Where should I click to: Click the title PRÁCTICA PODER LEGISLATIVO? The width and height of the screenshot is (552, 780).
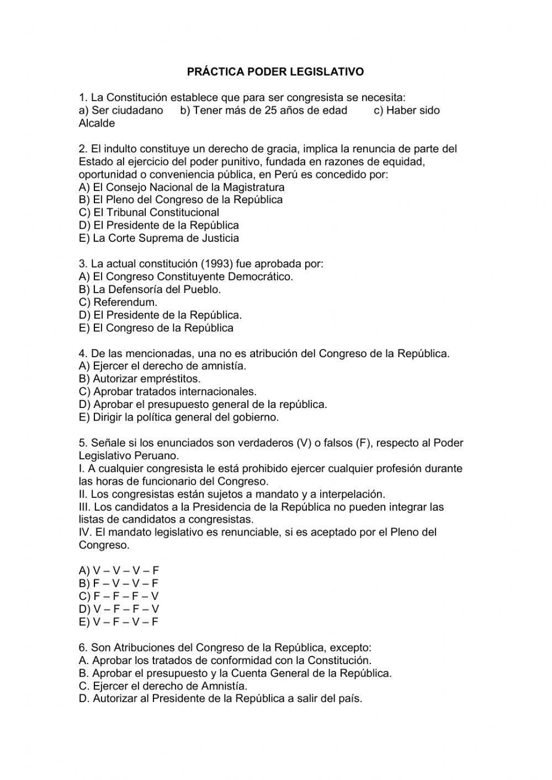coord(275,72)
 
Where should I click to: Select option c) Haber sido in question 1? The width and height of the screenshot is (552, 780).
coord(407,110)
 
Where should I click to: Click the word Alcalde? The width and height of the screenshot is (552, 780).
coord(97,123)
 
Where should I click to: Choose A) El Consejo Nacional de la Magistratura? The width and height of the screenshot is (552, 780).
coord(182,187)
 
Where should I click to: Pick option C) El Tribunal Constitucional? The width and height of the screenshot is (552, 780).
coord(149,213)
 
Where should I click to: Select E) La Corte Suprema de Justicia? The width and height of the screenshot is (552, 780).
coord(159,238)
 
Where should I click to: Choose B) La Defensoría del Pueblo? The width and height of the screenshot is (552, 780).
coord(150,289)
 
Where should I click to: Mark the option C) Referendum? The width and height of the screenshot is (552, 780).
coord(118,303)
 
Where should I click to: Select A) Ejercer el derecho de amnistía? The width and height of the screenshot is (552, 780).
coord(163,366)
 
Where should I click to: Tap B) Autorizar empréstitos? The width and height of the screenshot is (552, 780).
coord(140,379)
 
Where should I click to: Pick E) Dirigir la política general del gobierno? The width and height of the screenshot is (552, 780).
coord(179,417)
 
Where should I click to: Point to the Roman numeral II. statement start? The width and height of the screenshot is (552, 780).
coord(83,494)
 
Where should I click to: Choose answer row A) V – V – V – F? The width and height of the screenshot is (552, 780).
coord(119,571)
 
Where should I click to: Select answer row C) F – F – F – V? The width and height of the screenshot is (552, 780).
coord(119,596)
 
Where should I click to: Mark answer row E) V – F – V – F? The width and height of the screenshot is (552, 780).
coord(119,622)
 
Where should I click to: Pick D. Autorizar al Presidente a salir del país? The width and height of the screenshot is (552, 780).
coord(221,699)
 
